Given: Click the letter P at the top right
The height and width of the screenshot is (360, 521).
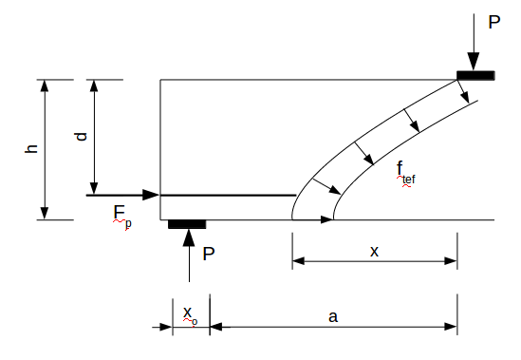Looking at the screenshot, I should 493,21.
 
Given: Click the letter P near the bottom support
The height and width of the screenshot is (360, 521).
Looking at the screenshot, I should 209,254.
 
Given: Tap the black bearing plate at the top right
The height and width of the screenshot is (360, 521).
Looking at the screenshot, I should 474,74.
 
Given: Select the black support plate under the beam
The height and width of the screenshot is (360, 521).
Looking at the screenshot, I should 187,224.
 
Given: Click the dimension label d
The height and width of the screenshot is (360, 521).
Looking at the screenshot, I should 82,136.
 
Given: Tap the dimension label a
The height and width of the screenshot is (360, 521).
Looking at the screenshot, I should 333,316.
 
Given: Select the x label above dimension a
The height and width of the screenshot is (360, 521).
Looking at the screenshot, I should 374,251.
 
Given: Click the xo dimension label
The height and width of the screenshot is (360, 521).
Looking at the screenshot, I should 189,313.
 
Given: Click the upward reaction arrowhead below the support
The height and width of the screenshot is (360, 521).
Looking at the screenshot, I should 189,237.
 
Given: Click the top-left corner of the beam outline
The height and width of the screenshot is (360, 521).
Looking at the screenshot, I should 160,80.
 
